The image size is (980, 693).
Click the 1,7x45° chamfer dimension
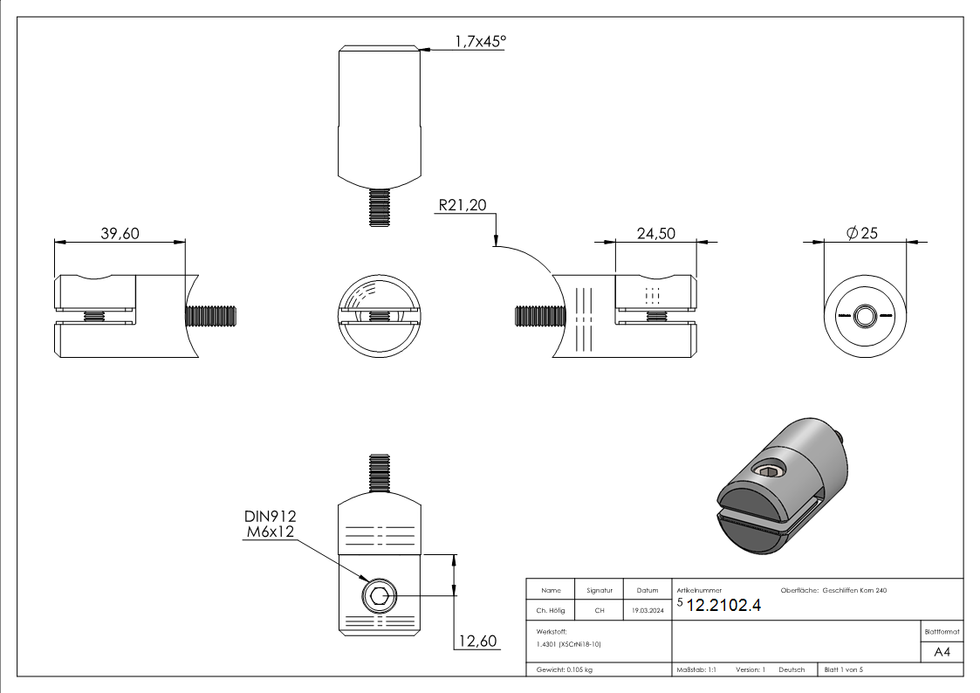click(480, 40)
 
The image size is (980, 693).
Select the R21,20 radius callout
click(463, 205)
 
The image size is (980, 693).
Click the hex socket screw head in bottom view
click(379, 598)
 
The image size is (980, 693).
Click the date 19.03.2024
click(647, 610)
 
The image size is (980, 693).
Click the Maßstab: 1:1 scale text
click(696, 669)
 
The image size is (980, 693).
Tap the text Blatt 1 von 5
click(843, 669)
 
